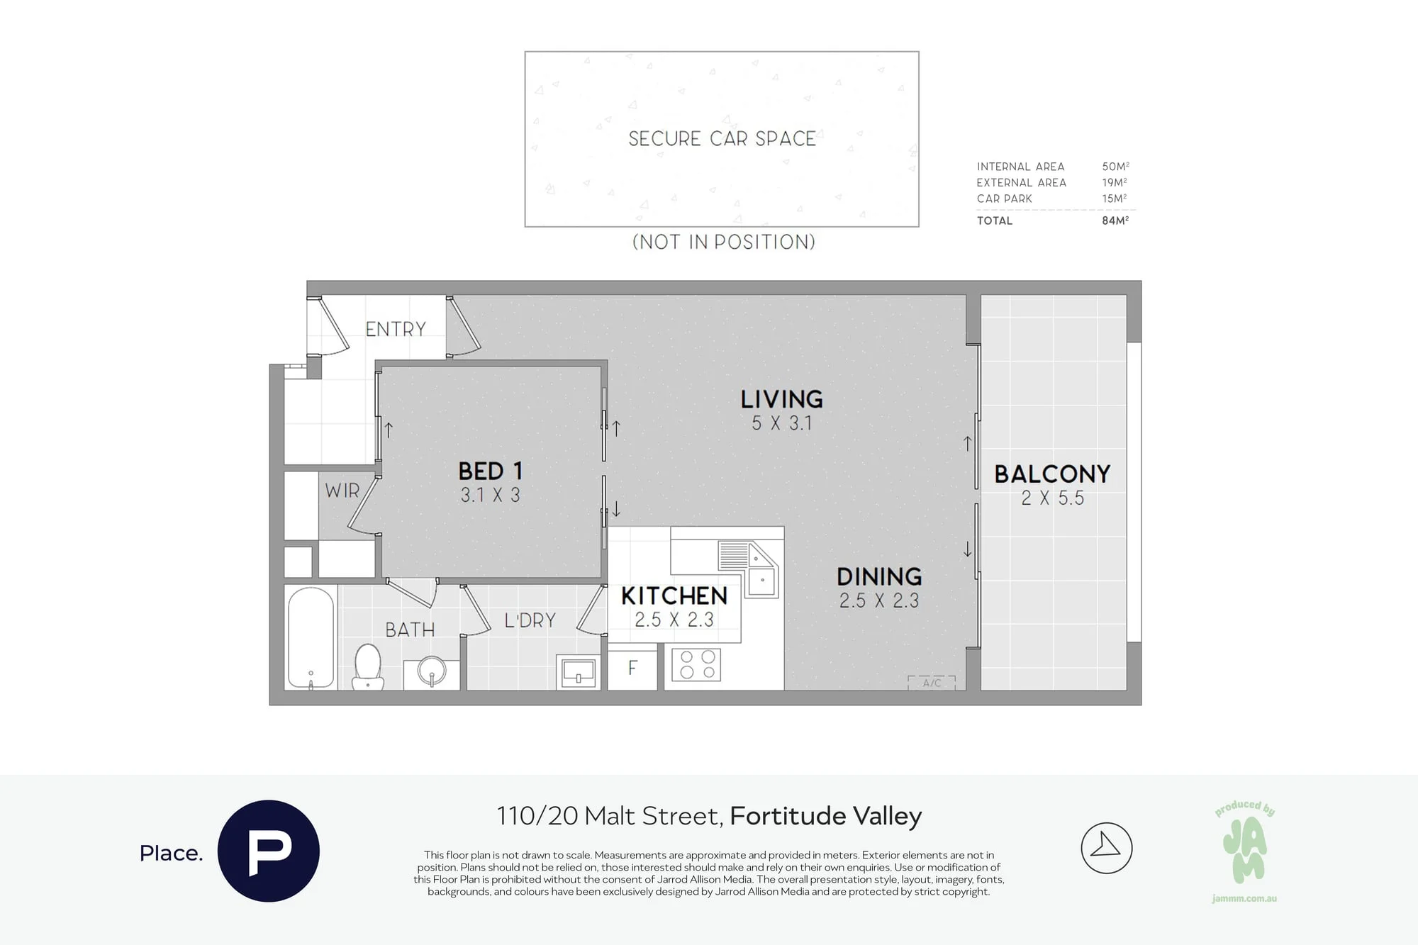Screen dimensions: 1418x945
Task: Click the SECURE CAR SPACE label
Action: [x=722, y=138]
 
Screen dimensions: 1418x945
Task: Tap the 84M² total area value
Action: [x=1115, y=220]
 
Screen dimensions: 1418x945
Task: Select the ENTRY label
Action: [x=396, y=329]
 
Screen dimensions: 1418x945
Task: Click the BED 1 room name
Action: [x=491, y=471]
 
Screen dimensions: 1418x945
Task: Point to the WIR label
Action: [x=342, y=491]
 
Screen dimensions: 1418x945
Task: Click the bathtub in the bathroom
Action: [x=311, y=637]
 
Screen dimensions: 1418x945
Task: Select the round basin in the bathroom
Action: [x=432, y=671]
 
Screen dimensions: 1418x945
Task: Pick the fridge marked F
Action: [x=632, y=667]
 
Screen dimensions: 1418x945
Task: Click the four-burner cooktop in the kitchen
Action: [x=696, y=665]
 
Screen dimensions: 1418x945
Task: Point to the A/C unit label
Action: [x=932, y=683]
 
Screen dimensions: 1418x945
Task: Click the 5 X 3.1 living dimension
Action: [x=782, y=423]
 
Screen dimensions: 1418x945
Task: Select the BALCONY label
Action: [x=1052, y=474]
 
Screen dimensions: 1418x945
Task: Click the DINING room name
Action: [x=879, y=576]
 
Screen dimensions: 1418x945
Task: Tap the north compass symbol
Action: [x=1107, y=848]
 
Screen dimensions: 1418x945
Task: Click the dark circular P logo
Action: [x=269, y=851]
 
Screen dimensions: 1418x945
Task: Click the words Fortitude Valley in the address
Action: [x=826, y=816]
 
